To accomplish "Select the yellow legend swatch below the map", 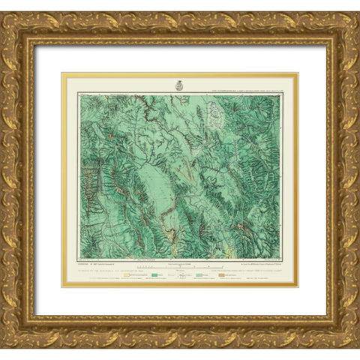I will tap(126, 275).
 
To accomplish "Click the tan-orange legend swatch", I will tap(221, 275).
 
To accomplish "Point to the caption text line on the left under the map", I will tap(112, 270).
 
